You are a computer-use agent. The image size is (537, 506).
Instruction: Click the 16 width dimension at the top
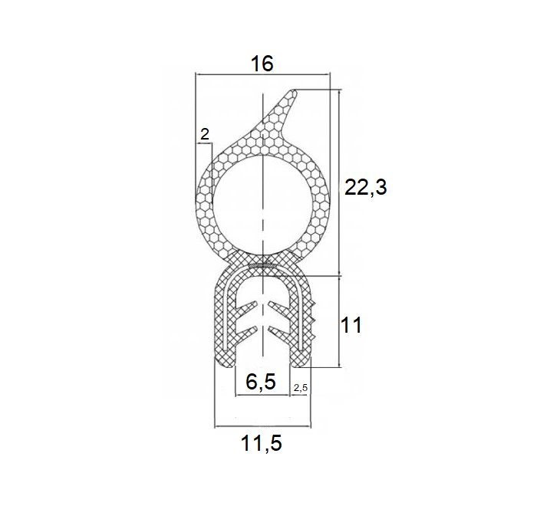click(262, 64)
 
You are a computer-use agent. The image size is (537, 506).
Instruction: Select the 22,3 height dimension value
click(366, 188)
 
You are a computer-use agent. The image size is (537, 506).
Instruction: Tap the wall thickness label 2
click(204, 134)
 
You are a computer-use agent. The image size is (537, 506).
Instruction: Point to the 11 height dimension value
click(351, 325)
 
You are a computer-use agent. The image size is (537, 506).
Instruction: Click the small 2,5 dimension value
click(300, 388)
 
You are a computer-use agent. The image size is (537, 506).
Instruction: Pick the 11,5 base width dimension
click(262, 442)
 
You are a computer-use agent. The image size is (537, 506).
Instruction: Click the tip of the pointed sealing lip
click(295, 93)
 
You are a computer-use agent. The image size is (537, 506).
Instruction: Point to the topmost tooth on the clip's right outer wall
click(313, 304)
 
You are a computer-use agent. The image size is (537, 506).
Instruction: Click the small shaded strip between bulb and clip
click(263, 265)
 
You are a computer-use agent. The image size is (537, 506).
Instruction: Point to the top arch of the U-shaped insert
click(263, 279)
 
